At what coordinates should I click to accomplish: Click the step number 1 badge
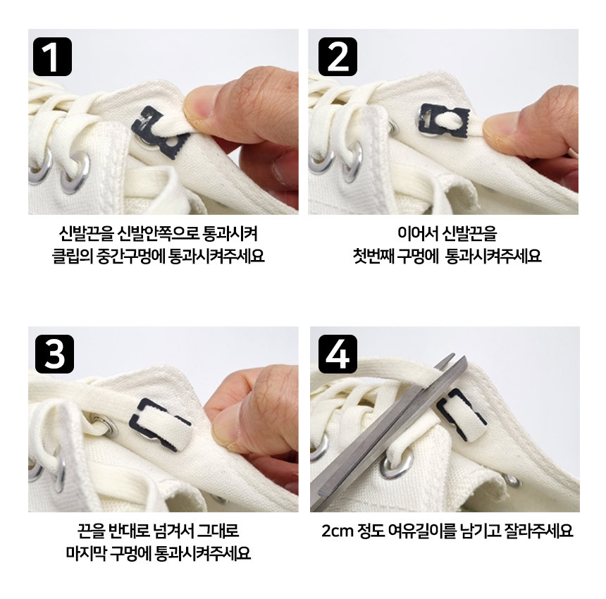[53, 57]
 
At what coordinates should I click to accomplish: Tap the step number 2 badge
[338, 57]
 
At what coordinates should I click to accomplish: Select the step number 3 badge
[54, 354]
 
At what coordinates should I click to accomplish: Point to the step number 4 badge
[338, 354]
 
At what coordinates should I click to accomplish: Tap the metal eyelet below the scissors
[395, 466]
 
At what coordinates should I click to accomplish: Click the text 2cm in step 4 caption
[338, 531]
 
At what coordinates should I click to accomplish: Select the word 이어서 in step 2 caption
[415, 233]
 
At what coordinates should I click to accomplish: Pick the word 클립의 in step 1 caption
[72, 256]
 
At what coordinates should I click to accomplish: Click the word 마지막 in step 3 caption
[85, 553]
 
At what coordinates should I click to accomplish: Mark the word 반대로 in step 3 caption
[129, 531]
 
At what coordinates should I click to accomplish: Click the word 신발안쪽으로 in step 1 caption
[157, 233]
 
